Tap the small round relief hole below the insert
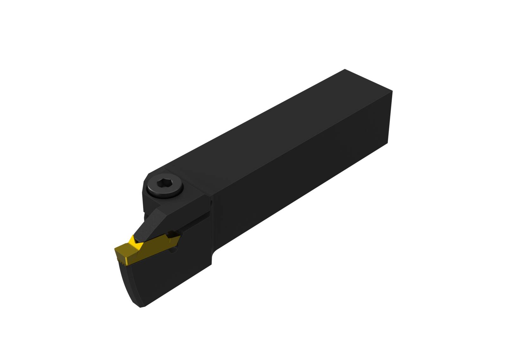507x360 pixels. click(x=172, y=251)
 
